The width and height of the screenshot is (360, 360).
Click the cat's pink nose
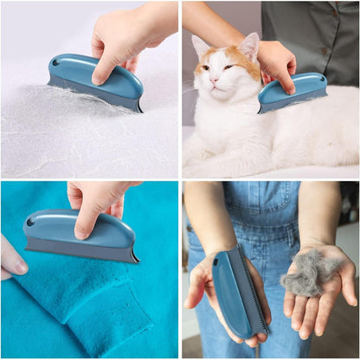(213, 80)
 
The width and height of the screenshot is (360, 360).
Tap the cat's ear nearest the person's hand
(249, 45)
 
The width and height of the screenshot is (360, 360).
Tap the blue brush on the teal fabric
(80, 235)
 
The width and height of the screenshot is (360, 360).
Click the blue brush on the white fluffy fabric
(96, 81)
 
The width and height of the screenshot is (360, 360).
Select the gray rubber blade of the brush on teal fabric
(82, 253)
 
